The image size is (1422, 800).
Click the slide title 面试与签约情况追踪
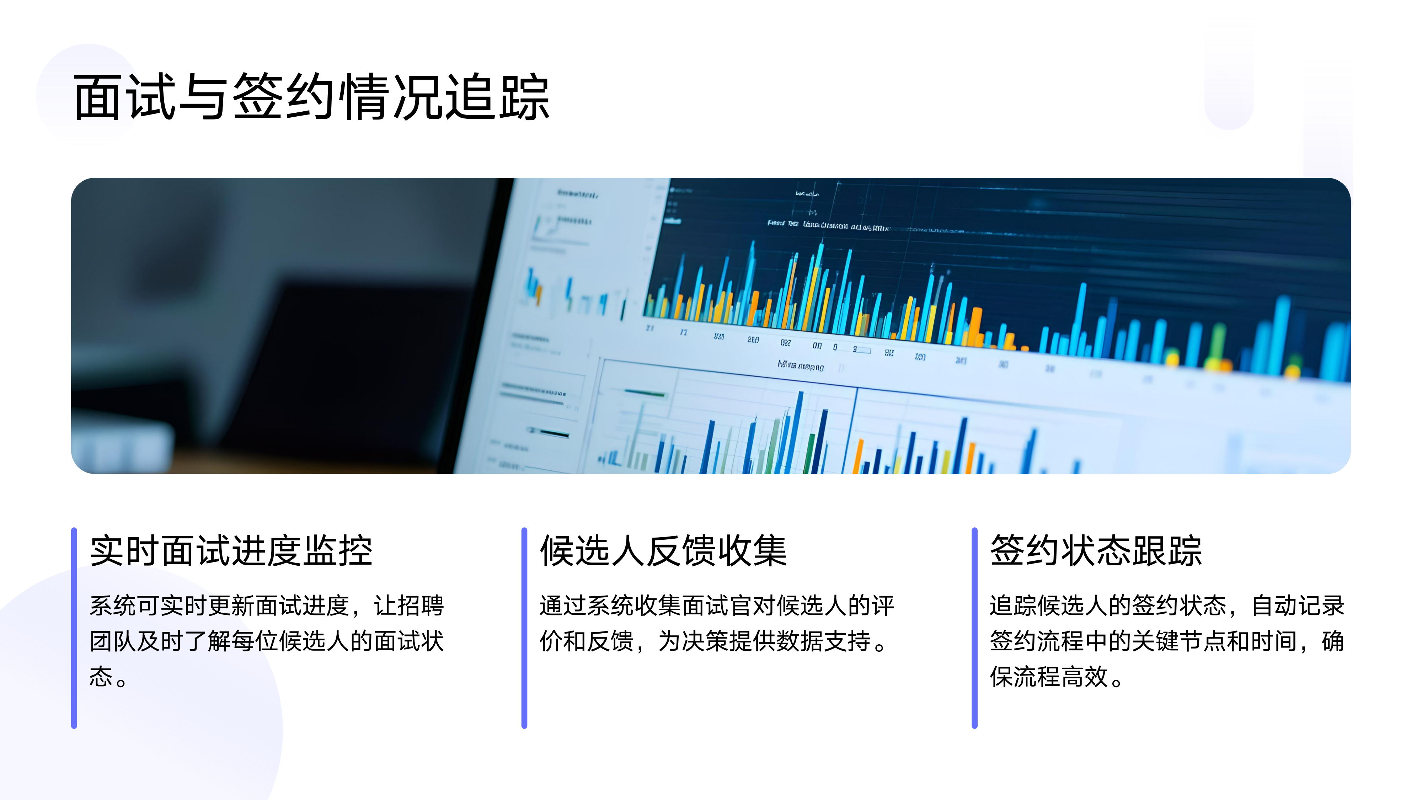point(312,98)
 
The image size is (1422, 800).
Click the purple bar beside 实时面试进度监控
point(74,628)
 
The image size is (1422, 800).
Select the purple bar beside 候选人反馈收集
point(524,628)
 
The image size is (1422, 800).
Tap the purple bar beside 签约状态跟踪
point(974,628)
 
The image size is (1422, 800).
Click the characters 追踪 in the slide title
point(497,98)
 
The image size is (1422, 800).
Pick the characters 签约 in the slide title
point(284,98)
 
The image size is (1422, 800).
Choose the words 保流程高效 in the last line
point(1049,676)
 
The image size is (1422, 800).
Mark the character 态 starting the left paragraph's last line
point(101,676)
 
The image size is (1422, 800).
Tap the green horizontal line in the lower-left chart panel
point(645,394)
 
